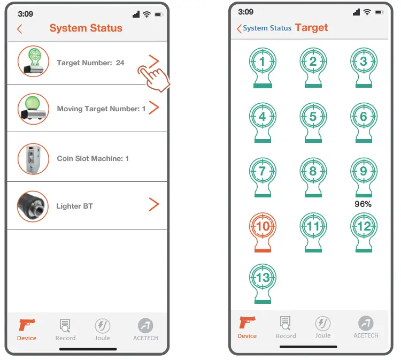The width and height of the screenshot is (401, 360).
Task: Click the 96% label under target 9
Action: tap(363, 204)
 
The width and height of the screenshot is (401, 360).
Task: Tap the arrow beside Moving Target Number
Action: tap(154, 108)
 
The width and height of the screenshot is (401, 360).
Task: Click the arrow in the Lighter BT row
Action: tap(154, 204)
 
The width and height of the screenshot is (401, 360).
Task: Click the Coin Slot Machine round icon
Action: tap(33, 158)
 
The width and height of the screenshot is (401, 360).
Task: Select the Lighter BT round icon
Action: tap(33, 206)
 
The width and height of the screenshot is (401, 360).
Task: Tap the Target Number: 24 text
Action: tap(90, 63)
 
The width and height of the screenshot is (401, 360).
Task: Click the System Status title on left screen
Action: tap(86, 28)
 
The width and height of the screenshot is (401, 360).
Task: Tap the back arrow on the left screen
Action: tap(20, 29)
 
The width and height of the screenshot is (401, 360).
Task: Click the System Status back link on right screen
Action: tap(265, 28)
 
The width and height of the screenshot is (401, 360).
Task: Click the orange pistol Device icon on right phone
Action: tap(247, 323)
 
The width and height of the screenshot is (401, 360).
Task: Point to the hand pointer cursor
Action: tap(155, 78)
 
